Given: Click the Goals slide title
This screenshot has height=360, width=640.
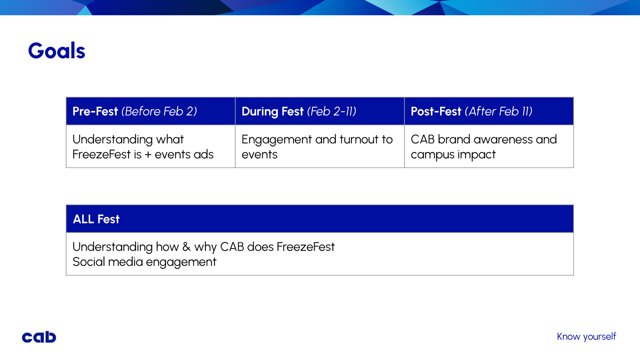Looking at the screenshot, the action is [57, 51].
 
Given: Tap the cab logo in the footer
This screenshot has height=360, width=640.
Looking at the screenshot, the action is [39, 337].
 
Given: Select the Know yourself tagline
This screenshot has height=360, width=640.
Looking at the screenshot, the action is [586, 337].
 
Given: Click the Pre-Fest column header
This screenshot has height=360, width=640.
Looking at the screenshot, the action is [135, 111].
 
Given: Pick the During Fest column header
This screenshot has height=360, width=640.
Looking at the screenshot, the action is [299, 111].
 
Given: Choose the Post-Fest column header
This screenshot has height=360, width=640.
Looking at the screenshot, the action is [471, 111].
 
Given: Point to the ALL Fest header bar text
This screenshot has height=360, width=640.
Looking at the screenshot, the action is [96, 219].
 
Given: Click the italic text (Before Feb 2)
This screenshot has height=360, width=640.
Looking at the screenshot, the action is [159, 111].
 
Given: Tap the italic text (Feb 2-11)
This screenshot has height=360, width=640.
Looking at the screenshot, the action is [332, 111].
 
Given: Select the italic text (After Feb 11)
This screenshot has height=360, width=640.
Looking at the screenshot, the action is [499, 111].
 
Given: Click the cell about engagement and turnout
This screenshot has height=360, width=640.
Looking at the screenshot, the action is [317, 147].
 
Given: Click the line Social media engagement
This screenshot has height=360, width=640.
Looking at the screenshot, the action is [144, 262].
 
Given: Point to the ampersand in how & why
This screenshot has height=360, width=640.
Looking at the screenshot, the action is [186, 247].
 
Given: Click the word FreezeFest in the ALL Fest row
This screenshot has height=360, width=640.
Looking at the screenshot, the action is [305, 247].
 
